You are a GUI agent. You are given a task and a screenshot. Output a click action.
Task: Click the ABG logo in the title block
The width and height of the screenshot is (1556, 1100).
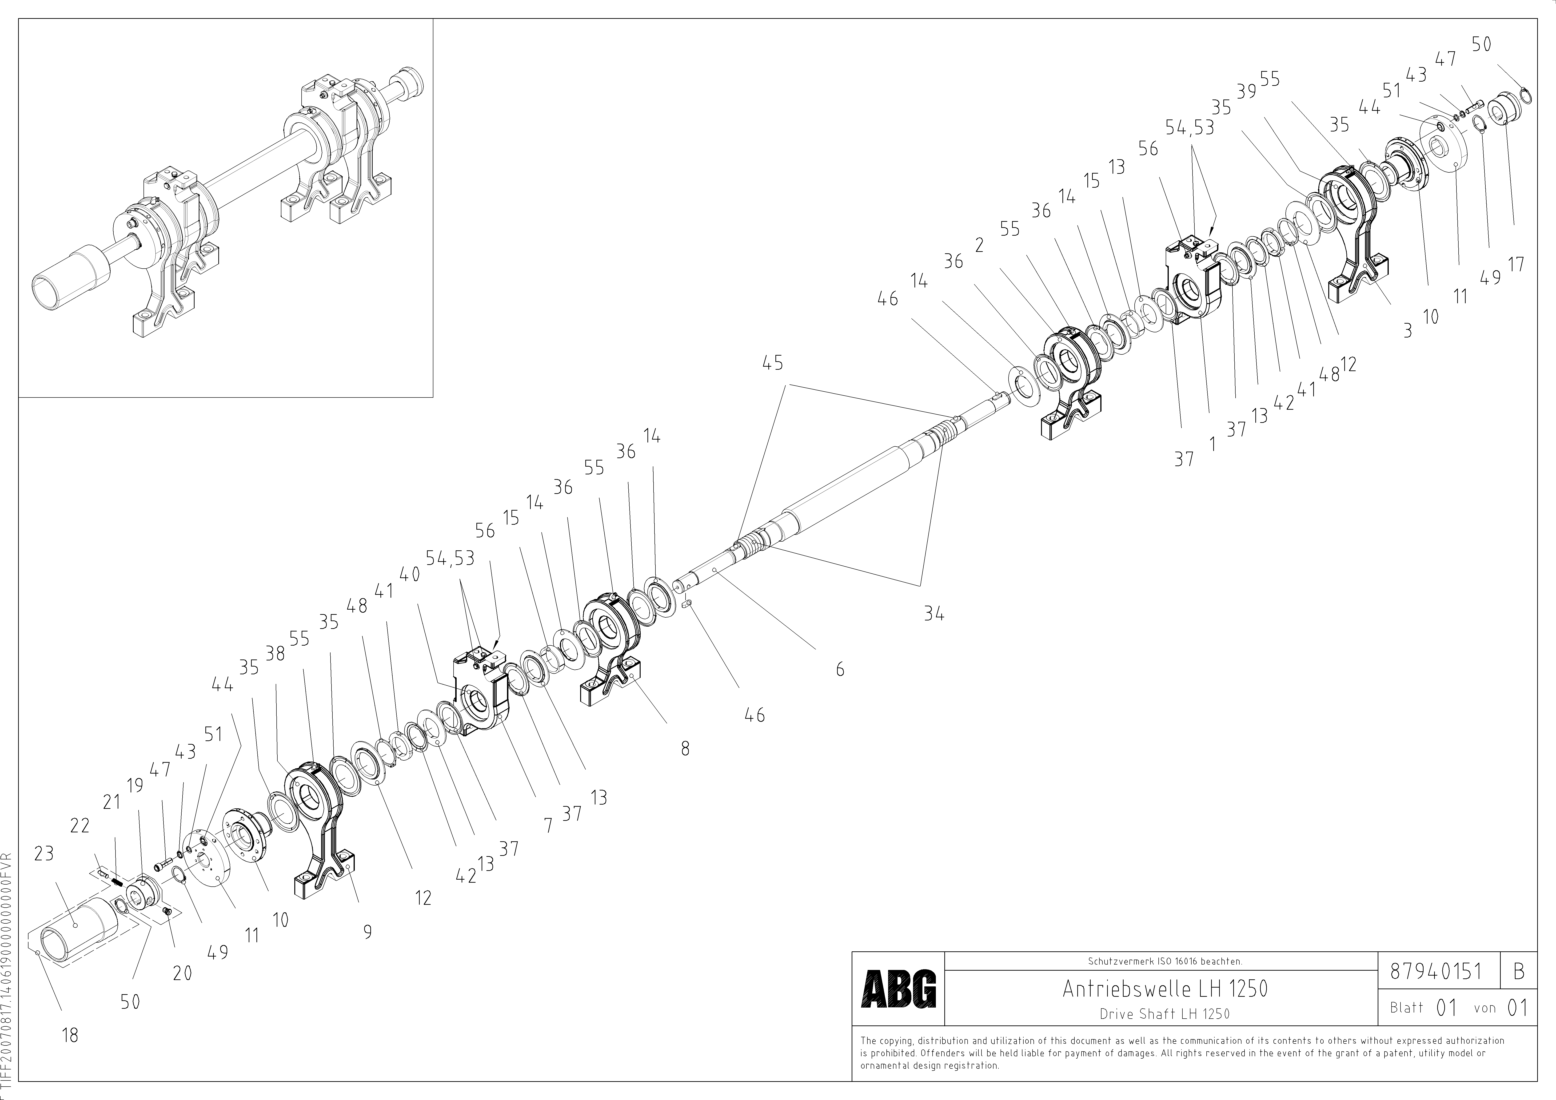(x=898, y=989)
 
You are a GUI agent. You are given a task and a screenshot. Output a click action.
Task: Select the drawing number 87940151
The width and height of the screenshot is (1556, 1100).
(x=1435, y=971)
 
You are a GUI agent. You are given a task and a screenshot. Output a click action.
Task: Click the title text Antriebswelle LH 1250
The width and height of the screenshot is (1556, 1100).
(x=1164, y=989)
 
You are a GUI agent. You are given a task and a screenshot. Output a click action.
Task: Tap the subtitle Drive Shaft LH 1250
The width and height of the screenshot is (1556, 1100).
(x=1164, y=1014)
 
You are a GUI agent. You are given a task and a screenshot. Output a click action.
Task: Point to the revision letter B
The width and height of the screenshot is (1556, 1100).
(x=1519, y=971)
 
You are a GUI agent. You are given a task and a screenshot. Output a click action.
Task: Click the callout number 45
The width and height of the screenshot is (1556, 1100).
(x=773, y=363)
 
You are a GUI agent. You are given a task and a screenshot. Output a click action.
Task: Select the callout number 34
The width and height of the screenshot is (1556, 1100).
(x=934, y=614)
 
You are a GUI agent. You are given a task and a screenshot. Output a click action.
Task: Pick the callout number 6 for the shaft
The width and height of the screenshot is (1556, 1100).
(x=840, y=669)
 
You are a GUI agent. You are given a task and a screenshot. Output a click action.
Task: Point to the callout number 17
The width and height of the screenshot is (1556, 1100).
(x=1516, y=264)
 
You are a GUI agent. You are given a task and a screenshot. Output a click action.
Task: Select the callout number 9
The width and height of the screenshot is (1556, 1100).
(x=367, y=932)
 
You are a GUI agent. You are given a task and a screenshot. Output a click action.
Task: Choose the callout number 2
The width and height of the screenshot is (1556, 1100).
(x=979, y=245)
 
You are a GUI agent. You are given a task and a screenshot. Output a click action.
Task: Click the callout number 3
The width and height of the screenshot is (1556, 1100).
(x=1408, y=330)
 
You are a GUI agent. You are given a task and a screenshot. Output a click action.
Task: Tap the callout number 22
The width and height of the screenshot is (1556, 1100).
(x=80, y=826)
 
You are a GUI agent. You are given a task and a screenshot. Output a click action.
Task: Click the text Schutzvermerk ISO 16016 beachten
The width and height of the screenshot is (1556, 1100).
(x=1164, y=961)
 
